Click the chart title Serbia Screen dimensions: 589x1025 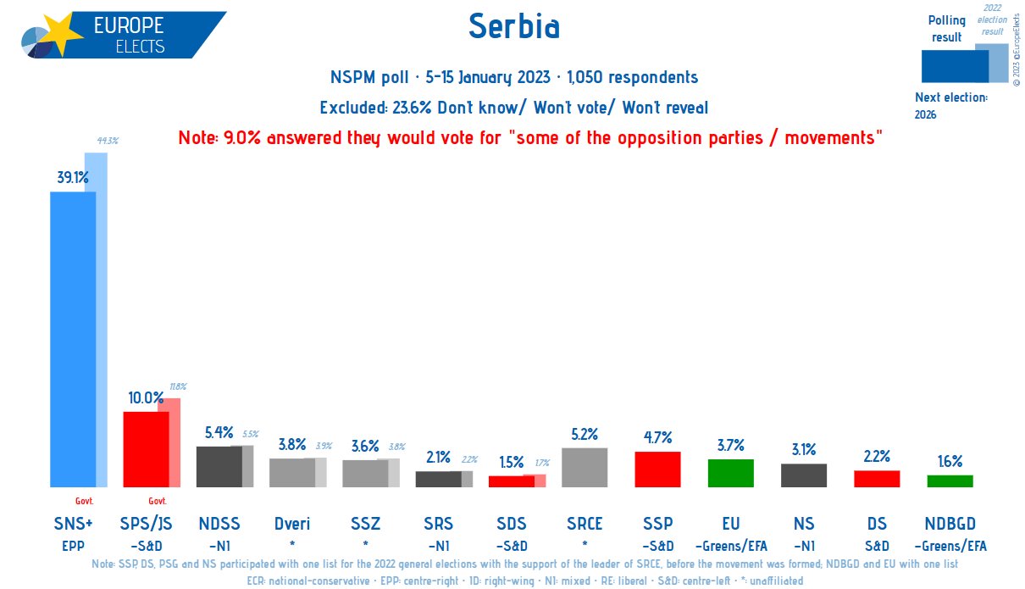[513, 28]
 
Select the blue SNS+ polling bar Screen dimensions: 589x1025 [73, 339]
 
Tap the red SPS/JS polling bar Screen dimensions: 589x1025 [146, 449]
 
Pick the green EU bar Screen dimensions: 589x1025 [730, 473]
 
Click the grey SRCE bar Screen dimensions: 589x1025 [585, 467]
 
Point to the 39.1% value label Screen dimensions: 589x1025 [71, 177]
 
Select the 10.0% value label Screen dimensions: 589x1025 [145, 397]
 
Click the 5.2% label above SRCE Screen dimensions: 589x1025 [585, 434]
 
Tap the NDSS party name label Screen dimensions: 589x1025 [219, 524]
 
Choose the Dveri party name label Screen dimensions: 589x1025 [291, 524]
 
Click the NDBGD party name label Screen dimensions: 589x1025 [950, 524]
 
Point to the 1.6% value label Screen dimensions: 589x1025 [950, 461]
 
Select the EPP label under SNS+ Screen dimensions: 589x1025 [73, 546]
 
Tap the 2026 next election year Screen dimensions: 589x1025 [926, 114]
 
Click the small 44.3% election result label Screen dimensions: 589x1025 [107, 141]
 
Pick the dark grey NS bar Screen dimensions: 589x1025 [803, 475]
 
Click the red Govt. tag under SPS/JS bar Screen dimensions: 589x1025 [158, 501]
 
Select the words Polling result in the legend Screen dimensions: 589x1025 [946, 28]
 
